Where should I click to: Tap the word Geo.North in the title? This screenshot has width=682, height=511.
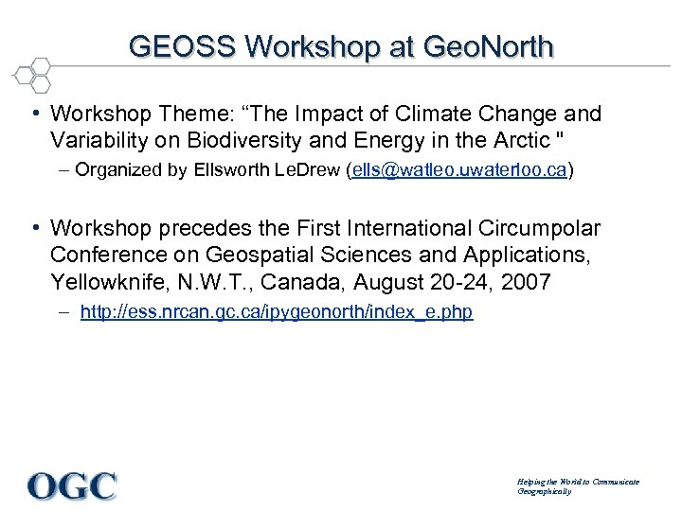tap(489, 46)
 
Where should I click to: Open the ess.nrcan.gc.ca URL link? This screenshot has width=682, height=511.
tap(277, 311)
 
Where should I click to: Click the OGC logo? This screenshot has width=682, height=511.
tap(73, 485)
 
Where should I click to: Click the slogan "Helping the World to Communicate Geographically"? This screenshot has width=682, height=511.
tap(578, 486)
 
